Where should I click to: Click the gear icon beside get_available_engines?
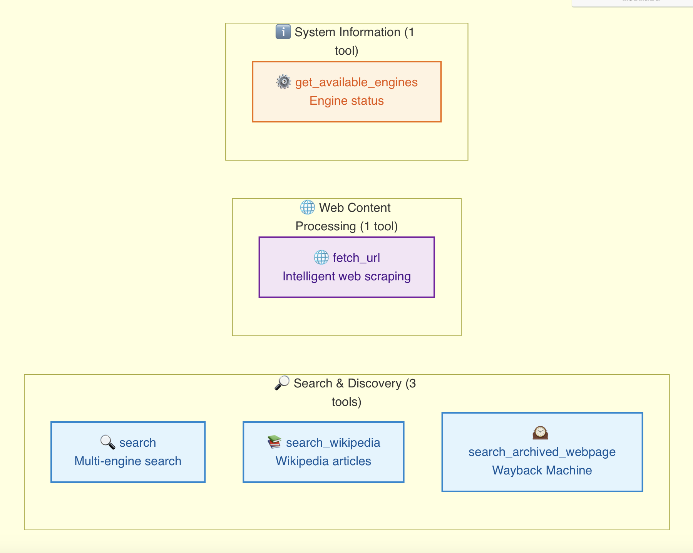(284, 82)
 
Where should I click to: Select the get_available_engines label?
(356, 82)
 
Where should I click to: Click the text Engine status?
(346, 101)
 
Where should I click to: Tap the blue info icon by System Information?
(283, 32)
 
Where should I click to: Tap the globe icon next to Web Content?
(307, 207)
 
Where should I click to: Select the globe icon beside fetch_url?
(321, 257)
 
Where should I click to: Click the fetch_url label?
(356, 258)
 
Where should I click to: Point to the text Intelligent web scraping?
(346, 276)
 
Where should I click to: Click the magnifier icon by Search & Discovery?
(282, 383)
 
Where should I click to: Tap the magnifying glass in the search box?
(108, 442)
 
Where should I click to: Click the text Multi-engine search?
(128, 461)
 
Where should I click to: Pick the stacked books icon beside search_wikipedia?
(274, 442)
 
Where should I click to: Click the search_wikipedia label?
(333, 443)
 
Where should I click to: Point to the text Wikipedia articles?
(323, 461)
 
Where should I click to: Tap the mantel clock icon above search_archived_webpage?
(540, 433)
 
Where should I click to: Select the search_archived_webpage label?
(542, 452)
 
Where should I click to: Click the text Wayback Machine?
(542, 471)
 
